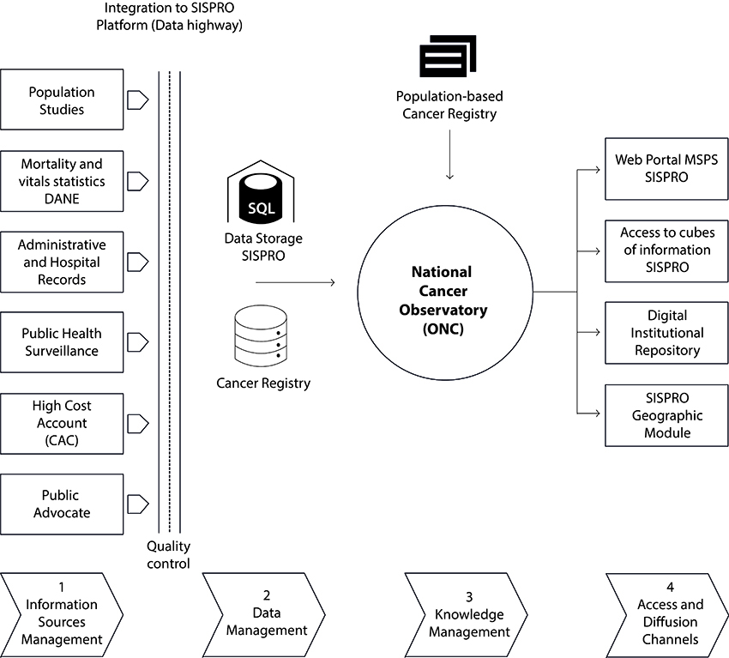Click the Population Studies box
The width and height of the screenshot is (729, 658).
click(x=62, y=100)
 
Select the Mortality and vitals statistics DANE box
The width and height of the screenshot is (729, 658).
click(x=62, y=181)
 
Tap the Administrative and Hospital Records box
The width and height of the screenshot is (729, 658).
click(x=62, y=262)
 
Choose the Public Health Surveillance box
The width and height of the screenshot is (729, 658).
click(x=62, y=342)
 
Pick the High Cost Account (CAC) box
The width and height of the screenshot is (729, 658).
click(x=62, y=423)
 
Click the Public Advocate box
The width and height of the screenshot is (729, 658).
click(x=62, y=504)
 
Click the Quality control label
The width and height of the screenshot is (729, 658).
click(x=169, y=554)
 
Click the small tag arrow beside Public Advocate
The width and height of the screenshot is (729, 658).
click(x=137, y=504)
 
